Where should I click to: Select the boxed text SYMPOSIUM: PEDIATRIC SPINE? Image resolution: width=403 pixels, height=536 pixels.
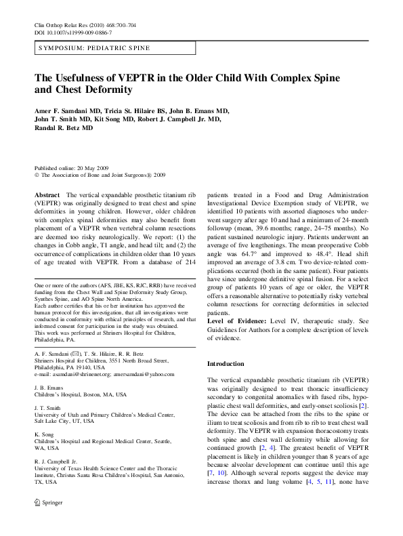coord(94,49)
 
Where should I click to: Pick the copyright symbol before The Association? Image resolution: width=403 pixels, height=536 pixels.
coord(37,174)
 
